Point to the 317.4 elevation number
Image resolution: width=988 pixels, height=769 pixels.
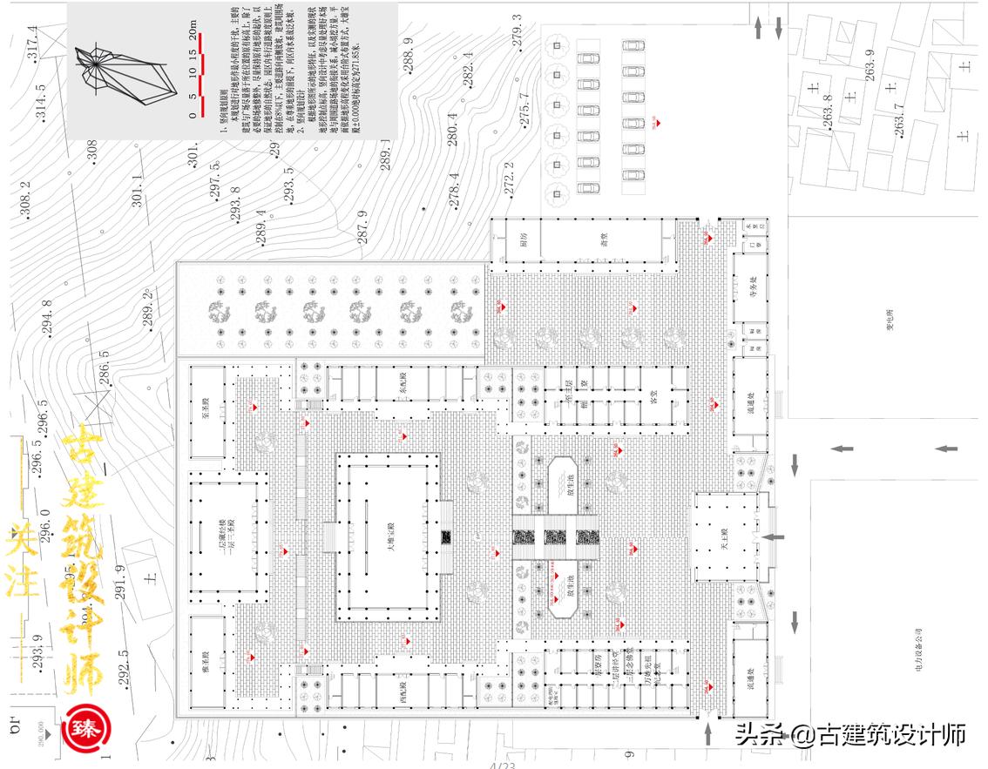33,44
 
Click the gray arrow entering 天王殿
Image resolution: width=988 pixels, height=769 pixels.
773,537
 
